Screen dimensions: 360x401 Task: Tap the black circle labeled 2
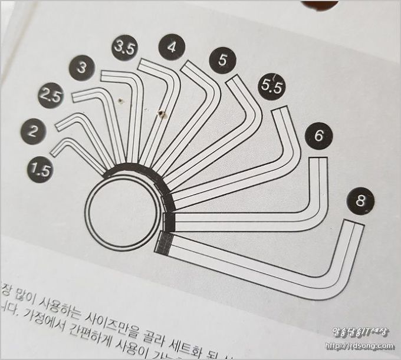33,131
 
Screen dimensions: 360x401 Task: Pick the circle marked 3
82,68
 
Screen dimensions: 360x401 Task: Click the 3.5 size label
124,49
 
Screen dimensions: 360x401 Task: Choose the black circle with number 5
222,60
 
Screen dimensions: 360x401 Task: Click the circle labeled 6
318,136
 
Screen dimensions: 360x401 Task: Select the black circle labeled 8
360,202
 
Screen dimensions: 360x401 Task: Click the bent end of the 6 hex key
319,162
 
